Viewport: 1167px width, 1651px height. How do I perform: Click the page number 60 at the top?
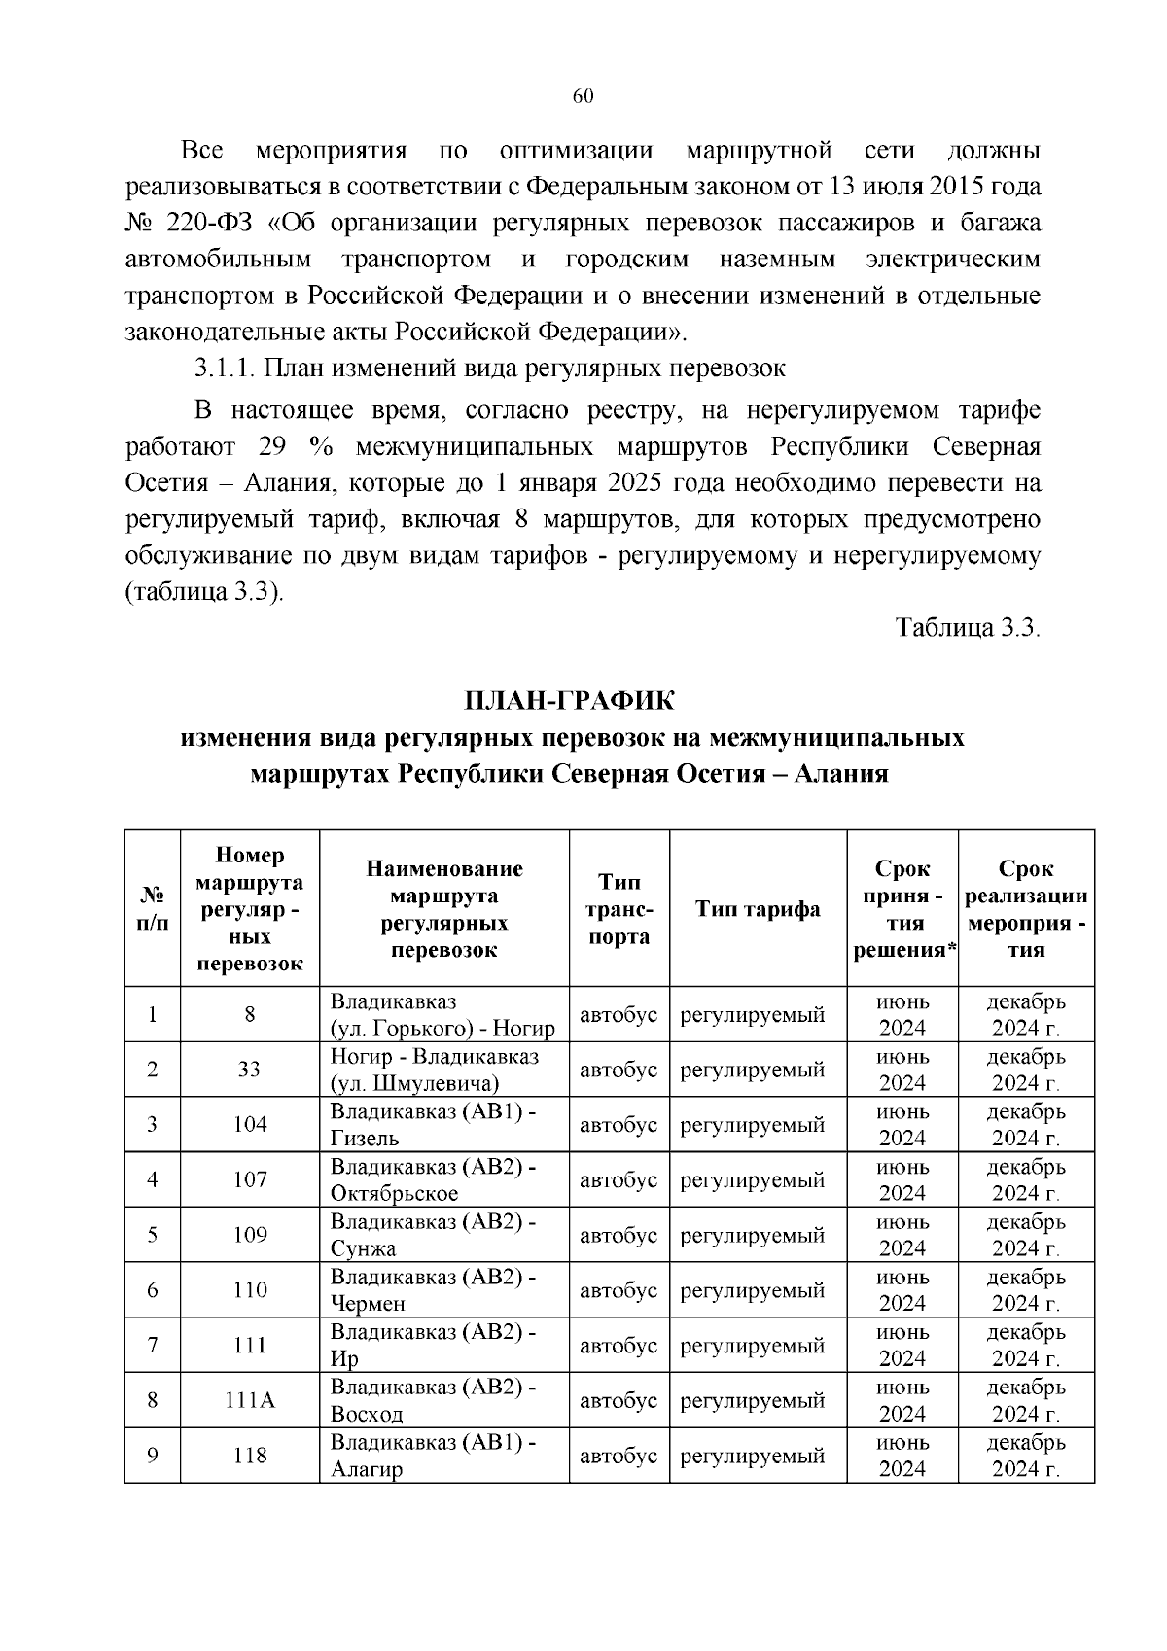[583, 95]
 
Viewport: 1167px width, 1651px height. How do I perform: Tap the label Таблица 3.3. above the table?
[968, 627]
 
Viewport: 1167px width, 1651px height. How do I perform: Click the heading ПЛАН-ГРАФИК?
[569, 701]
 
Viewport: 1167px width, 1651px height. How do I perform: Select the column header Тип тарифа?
[758, 909]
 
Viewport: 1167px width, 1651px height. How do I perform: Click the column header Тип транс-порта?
[619, 909]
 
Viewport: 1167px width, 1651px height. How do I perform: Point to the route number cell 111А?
[250, 1400]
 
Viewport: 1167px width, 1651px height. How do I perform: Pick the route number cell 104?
[250, 1125]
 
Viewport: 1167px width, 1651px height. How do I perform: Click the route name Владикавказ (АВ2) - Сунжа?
[433, 1235]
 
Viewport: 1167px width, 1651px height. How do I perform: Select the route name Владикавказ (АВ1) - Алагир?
[433, 1456]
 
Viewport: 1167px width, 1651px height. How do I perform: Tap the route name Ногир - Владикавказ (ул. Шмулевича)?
[435, 1070]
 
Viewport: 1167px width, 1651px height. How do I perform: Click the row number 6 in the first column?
[153, 1290]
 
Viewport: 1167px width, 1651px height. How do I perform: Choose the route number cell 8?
[250, 1015]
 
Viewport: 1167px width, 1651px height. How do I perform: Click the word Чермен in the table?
[368, 1304]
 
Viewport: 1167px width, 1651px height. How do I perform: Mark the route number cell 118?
[250, 1456]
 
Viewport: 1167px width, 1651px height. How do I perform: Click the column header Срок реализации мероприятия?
[1025, 909]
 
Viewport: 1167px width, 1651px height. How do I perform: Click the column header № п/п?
[153, 909]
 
